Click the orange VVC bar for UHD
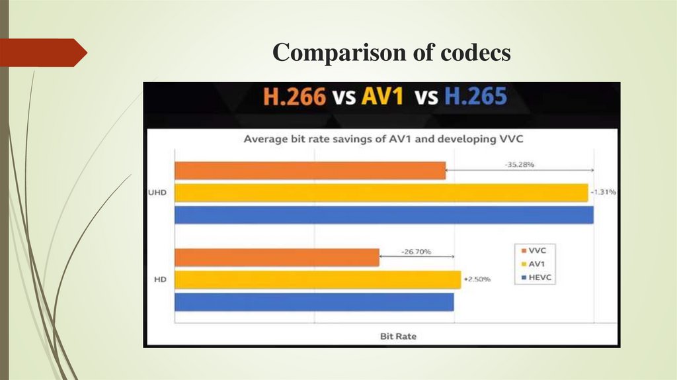click(310, 171)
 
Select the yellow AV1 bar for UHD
click(381, 193)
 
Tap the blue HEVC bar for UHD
click(383, 215)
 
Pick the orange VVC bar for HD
click(276, 258)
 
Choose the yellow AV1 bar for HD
click(317, 279)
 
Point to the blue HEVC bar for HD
click(314, 302)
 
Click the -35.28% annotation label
click(520, 164)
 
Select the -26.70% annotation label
click(417, 252)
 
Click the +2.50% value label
click(477, 279)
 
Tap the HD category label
click(159, 280)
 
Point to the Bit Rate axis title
click(398, 336)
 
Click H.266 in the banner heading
click(295, 98)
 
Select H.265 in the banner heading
click(475, 98)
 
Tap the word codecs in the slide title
click(475, 53)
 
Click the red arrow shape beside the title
click(41, 52)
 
